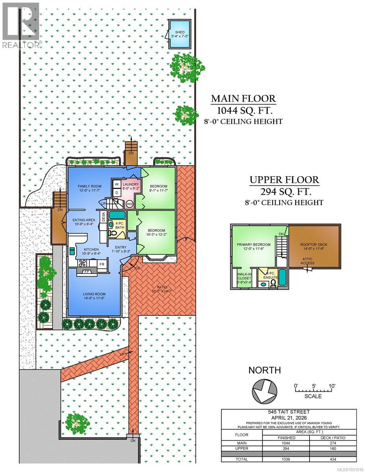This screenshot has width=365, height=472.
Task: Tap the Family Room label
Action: click(89, 188)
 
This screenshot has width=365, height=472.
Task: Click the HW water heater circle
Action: click(130, 204)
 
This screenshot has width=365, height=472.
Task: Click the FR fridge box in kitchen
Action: click(101, 265)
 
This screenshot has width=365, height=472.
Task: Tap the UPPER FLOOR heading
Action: click(284, 180)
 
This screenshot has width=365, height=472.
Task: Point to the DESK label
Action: click(104, 217)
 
